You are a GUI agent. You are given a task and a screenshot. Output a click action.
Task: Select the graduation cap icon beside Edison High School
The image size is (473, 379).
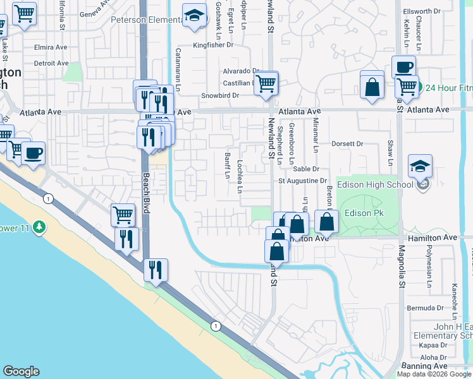(x=420, y=167)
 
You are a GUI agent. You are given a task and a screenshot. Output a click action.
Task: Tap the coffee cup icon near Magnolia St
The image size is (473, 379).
(x=403, y=67)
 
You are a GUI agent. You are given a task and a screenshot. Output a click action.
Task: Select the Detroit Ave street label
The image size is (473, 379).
(x=51, y=63)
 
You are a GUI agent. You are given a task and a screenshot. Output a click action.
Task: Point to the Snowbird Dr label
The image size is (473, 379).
(x=220, y=95)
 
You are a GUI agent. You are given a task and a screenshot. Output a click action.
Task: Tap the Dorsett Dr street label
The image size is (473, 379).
(x=347, y=144)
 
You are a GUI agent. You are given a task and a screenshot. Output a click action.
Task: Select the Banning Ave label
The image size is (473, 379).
(x=424, y=366)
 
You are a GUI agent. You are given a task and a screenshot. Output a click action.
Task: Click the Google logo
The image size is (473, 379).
(x=21, y=371)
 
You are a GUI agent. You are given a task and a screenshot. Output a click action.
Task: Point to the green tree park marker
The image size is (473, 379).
(x=39, y=226)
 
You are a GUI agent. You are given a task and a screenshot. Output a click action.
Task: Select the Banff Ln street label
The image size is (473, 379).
(x=227, y=165)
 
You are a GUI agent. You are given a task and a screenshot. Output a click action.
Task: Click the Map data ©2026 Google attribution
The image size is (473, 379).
(x=434, y=374)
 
